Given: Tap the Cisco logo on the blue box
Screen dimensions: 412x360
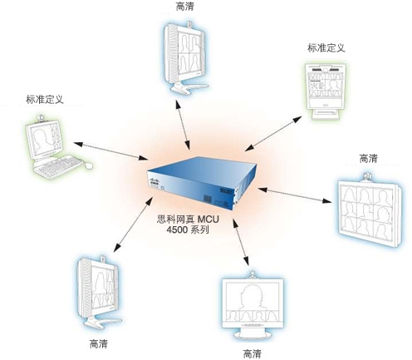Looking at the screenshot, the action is (x=154, y=182).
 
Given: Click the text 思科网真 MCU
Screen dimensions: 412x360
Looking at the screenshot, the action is (x=188, y=219).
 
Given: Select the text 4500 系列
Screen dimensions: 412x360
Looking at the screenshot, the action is (x=188, y=229).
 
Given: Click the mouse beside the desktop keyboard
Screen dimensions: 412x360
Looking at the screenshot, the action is (x=88, y=165).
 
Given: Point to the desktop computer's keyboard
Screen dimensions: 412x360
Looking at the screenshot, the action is (x=58, y=166).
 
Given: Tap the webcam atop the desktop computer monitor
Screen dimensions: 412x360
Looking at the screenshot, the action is (x=41, y=118).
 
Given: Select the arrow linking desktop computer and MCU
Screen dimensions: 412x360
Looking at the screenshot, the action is (x=110, y=151).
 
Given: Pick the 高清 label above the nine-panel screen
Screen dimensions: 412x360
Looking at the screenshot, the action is (x=368, y=159).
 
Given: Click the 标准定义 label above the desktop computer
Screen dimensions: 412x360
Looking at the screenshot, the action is (x=45, y=99).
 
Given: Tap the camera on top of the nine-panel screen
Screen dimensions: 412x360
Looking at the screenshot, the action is (x=368, y=176).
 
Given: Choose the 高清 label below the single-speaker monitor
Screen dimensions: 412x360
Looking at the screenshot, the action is (x=252, y=353).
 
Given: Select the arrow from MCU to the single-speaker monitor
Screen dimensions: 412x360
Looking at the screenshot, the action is (x=240, y=242).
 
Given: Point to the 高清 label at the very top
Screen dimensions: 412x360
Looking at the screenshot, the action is (x=184, y=7).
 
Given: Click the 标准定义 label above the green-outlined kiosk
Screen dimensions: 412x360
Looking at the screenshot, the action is (x=326, y=47).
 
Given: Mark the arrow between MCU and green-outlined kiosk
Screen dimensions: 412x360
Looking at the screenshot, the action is (x=273, y=134).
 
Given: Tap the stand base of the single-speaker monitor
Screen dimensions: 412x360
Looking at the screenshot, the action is (x=253, y=334).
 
